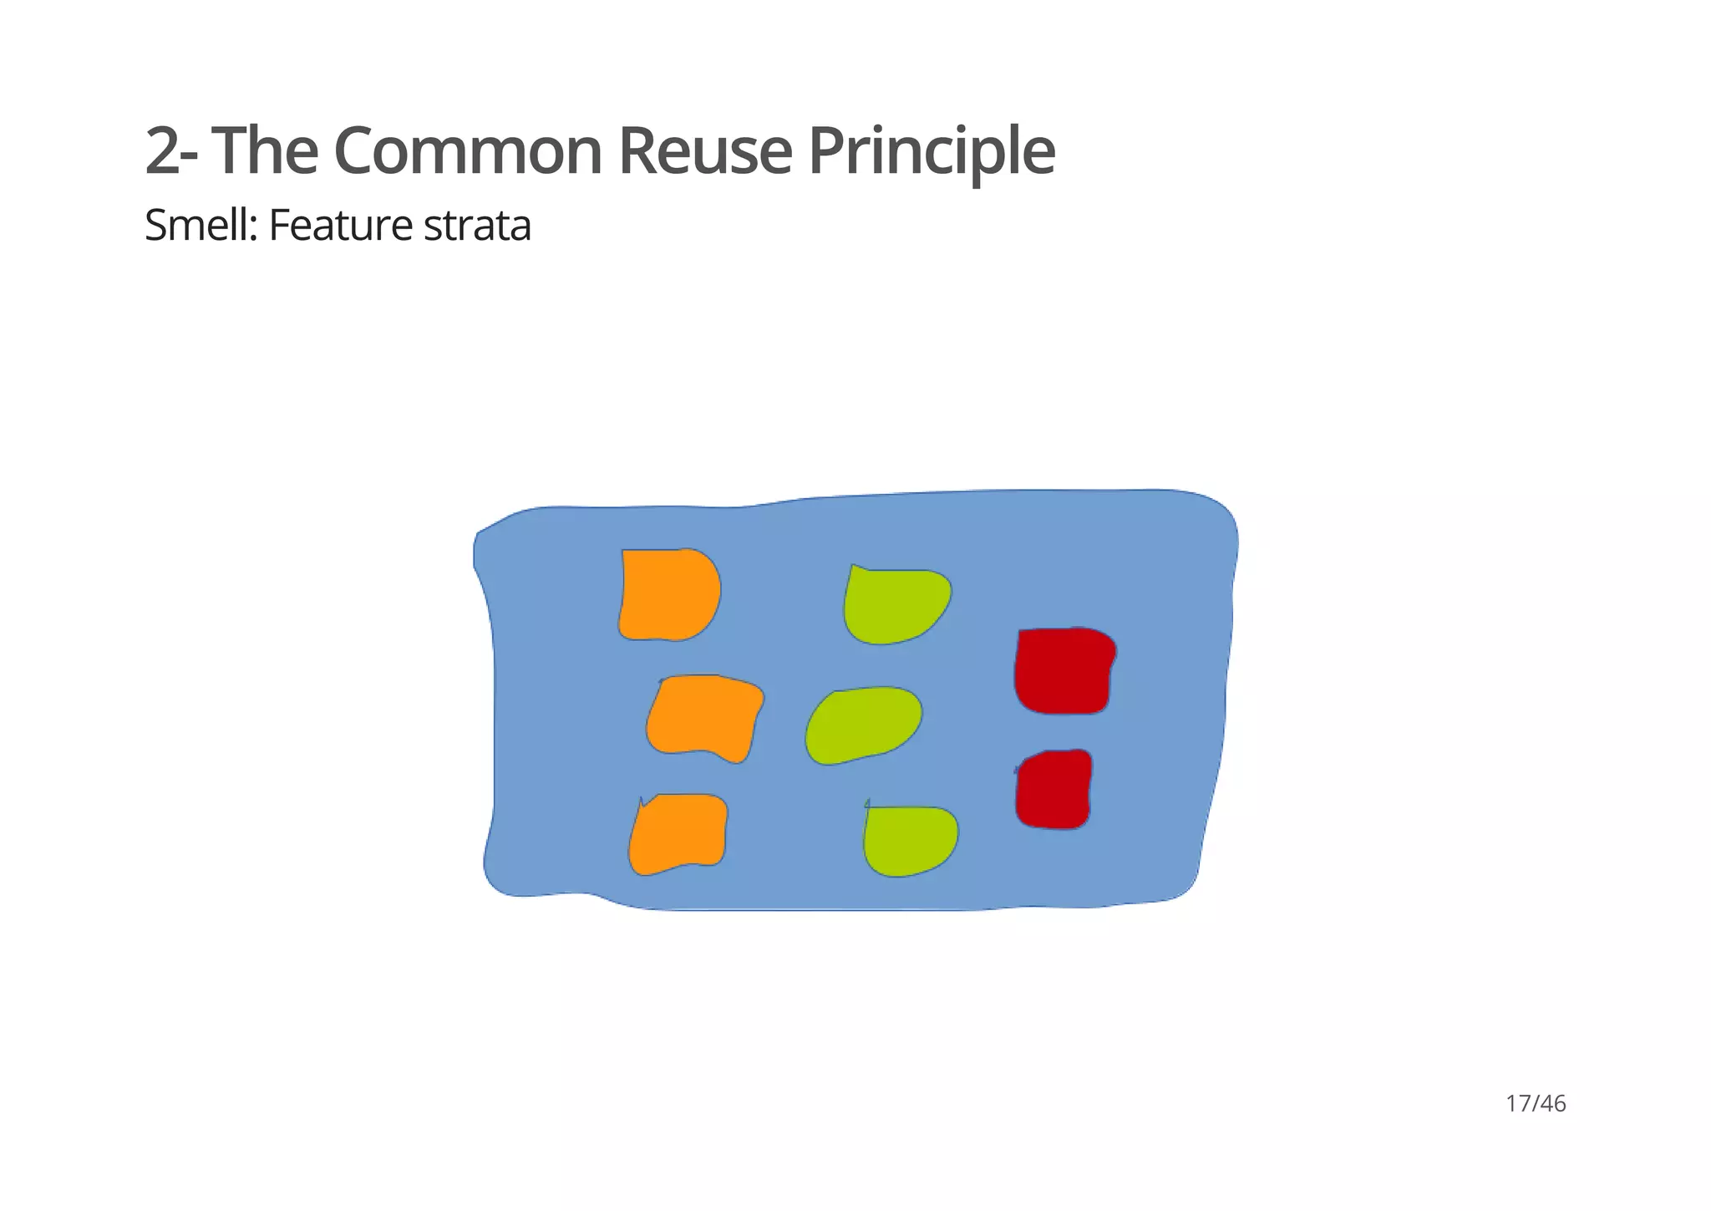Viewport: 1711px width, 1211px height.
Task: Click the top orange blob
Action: point(669,595)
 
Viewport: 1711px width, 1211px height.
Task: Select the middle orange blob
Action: point(704,717)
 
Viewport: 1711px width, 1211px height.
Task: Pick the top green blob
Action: point(894,606)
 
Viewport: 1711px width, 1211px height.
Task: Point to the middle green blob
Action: point(863,725)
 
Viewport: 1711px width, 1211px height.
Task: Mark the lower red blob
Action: point(1054,790)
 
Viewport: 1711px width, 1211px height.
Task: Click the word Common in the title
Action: point(468,151)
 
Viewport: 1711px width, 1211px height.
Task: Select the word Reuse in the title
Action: point(704,151)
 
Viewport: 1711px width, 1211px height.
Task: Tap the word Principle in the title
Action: point(931,151)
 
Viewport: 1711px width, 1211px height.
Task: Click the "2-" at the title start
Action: point(172,151)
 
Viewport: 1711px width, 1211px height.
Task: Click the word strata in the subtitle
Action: point(477,226)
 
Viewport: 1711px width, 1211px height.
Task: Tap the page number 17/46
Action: point(1536,1104)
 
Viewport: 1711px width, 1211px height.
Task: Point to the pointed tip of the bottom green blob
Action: point(868,801)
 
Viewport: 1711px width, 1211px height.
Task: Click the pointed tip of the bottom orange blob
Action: point(641,799)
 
